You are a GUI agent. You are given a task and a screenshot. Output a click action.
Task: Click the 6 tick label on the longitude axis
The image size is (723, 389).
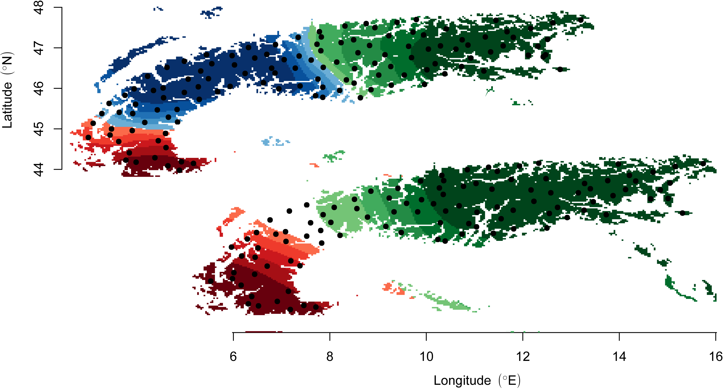click(233, 357)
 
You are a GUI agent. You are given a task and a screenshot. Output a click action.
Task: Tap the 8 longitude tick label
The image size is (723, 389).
click(330, 357)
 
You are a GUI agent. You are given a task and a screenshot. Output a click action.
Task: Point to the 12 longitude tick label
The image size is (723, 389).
click(523, 357)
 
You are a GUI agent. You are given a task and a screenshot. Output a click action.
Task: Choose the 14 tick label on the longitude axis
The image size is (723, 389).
click(619, 357)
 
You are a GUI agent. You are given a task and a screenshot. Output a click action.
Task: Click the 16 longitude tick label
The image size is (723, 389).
click(716, 357)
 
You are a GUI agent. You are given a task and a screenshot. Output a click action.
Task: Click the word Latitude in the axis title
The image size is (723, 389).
click(7, 105)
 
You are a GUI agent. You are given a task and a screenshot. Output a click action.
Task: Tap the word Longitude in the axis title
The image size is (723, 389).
click(462, 381)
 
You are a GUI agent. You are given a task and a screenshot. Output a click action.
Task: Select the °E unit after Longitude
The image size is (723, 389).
click(510, 381)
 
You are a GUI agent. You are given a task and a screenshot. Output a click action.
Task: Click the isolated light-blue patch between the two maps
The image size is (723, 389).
click(275, 141)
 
